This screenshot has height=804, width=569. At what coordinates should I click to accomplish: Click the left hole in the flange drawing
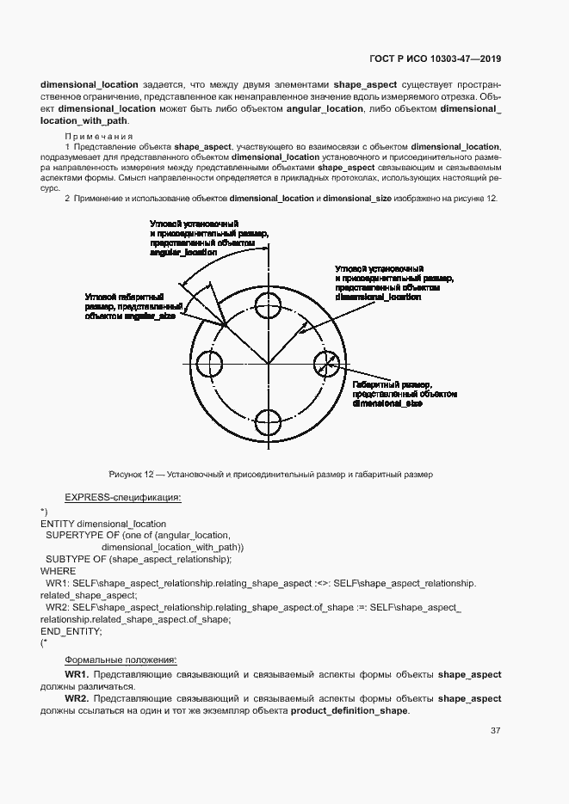(x=209, y=364)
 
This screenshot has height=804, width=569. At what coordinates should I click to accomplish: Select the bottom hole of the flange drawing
(x=269, y=422)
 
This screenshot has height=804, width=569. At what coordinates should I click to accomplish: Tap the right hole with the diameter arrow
(x=326, y=364)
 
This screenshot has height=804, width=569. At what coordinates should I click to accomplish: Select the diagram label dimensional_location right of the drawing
(x=378, y=297)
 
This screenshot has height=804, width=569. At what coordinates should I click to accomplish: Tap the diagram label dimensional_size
(x=387, y=402)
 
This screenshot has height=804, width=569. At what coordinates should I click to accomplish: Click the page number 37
(x=496, y=731)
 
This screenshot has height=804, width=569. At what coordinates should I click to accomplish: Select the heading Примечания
(x=99, y=137)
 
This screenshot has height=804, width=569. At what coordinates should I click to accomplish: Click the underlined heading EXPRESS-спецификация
(x=122, y=497)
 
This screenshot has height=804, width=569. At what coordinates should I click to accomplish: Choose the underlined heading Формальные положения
(x=121, y=660)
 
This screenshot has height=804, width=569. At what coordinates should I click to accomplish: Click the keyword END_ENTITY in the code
(x=71, y=631)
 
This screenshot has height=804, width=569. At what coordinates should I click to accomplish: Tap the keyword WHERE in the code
(x=59, y=571)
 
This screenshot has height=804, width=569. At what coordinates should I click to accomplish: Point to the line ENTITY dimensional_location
(x=103, y=523)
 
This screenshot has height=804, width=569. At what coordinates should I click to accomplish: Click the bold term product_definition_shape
(x=349, y=711)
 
